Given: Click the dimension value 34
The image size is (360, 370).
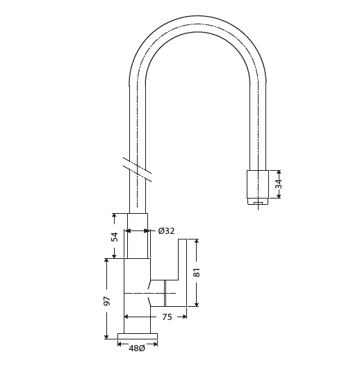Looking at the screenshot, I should pos(279,184).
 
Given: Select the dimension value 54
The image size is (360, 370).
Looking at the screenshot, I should pos(115,236).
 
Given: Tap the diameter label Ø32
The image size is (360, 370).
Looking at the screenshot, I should pos(166,231).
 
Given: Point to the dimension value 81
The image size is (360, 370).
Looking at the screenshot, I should pos(197,272).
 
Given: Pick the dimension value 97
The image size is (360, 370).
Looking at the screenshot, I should pos(107,301).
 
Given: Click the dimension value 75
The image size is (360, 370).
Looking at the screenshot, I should pos(167,317).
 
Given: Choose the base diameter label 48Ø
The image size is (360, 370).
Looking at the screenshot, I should pos(137,348).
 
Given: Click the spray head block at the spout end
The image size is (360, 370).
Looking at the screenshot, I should pos(257,184).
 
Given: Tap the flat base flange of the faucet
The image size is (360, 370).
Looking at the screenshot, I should pos(137,337).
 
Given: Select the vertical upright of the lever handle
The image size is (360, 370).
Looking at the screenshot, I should pos(182,260).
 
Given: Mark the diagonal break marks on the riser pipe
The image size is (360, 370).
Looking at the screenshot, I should pos(137,169).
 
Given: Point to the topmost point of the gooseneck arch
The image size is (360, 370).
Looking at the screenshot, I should pos(197,17).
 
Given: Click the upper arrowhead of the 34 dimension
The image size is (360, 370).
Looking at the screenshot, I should pos(279,172).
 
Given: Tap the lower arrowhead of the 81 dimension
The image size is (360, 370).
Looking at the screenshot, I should pos(197,304).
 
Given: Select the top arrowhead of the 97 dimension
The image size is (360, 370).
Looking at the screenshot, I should pos(106,260).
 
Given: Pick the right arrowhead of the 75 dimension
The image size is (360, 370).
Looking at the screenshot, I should pos(184,317).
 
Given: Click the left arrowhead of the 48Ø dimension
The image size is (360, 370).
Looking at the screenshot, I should pos(120,344).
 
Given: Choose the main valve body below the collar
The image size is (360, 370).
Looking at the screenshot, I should pos(137,295).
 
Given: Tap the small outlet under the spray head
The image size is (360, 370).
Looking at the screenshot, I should pos(258,203).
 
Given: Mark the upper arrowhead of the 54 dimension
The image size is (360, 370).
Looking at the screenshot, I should pos(114,216).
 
